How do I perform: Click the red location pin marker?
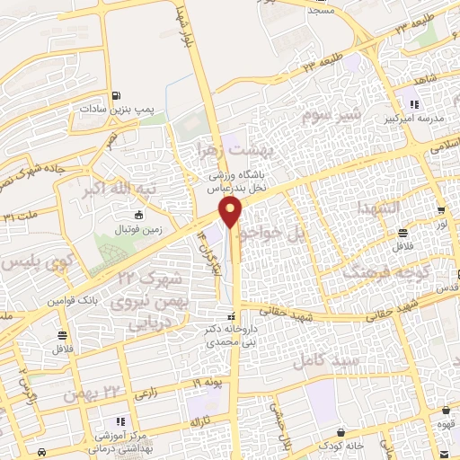[232, 213]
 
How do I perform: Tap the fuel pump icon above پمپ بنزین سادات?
[116, 97]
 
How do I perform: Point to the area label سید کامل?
[326, 359]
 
